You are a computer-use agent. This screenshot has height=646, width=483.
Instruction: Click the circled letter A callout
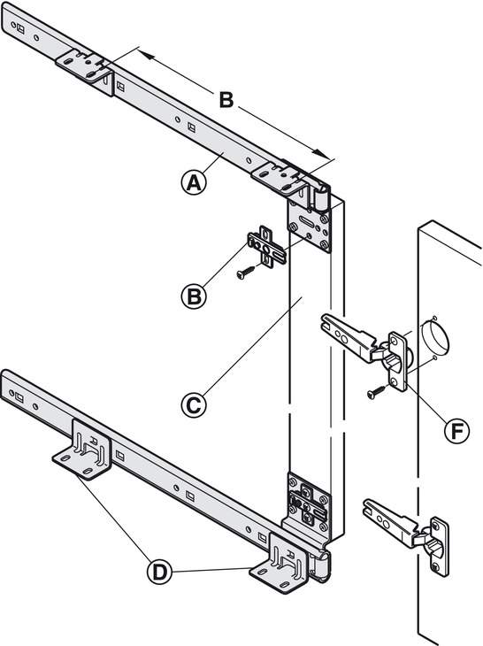194,182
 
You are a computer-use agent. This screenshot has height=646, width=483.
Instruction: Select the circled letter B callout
194,296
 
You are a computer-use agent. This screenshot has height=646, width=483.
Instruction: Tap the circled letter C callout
194,405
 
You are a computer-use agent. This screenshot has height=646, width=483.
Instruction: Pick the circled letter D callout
159,572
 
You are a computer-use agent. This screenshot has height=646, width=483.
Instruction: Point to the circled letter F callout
457,431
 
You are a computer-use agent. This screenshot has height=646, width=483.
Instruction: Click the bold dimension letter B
226,100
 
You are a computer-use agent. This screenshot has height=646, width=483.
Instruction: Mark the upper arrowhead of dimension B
145,54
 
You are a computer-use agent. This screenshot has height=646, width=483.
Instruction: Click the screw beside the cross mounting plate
246,273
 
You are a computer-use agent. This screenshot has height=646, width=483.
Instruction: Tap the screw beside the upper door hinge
377,392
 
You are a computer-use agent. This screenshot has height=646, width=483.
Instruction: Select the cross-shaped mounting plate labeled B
267,247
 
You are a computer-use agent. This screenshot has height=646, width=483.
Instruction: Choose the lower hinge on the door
407,532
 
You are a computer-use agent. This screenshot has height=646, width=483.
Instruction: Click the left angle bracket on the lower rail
83,450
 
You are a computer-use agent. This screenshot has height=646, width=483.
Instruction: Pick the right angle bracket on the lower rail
280,563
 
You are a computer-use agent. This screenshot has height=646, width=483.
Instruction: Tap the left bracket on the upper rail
83,66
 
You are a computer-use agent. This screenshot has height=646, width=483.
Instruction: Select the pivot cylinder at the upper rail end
322,197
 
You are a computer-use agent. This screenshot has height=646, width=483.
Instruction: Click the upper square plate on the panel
310,226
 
